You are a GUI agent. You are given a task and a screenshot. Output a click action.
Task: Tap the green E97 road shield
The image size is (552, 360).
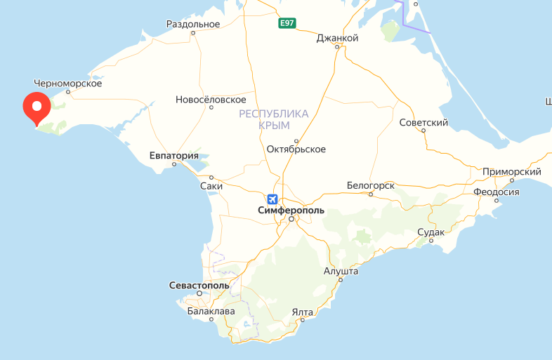coord(287,24)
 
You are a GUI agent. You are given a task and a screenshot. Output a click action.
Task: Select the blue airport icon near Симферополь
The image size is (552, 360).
coord(272,199)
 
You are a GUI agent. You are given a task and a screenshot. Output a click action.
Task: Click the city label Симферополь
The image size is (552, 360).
coord(291,211)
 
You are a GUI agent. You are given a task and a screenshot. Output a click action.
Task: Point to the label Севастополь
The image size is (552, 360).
coord(199,286)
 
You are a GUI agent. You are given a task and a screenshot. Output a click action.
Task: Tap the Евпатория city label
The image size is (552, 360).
coord(174,156)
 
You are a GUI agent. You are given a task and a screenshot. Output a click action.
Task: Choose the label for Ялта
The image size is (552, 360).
coord(303,312)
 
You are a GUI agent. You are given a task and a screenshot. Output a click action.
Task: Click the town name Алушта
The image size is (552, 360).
coord(341,271)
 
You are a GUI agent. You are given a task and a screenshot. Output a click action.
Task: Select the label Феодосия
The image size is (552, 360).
coord(496,192)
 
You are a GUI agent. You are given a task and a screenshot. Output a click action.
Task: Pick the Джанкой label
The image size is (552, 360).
coord(338,38)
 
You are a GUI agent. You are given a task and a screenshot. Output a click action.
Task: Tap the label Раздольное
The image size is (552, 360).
coord(193,24)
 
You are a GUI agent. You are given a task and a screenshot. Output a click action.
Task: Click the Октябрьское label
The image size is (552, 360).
coord(296,149)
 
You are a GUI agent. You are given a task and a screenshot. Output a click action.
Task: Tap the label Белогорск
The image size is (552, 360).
coord(370,185)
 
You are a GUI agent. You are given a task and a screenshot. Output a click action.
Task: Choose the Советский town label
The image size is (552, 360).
coord(423,123)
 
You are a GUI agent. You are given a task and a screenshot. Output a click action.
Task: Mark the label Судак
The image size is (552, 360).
coord(431,232)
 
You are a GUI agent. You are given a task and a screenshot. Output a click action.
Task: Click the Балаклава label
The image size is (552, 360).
coord(211,311)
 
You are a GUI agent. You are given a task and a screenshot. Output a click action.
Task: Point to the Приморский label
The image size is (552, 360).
coord(511,172)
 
